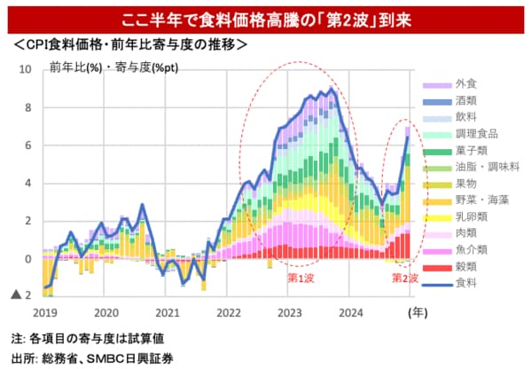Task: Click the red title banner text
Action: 266,18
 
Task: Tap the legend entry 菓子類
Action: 468,151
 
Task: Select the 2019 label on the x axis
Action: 44,313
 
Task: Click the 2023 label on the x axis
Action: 290,313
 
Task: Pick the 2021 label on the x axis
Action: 167,313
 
